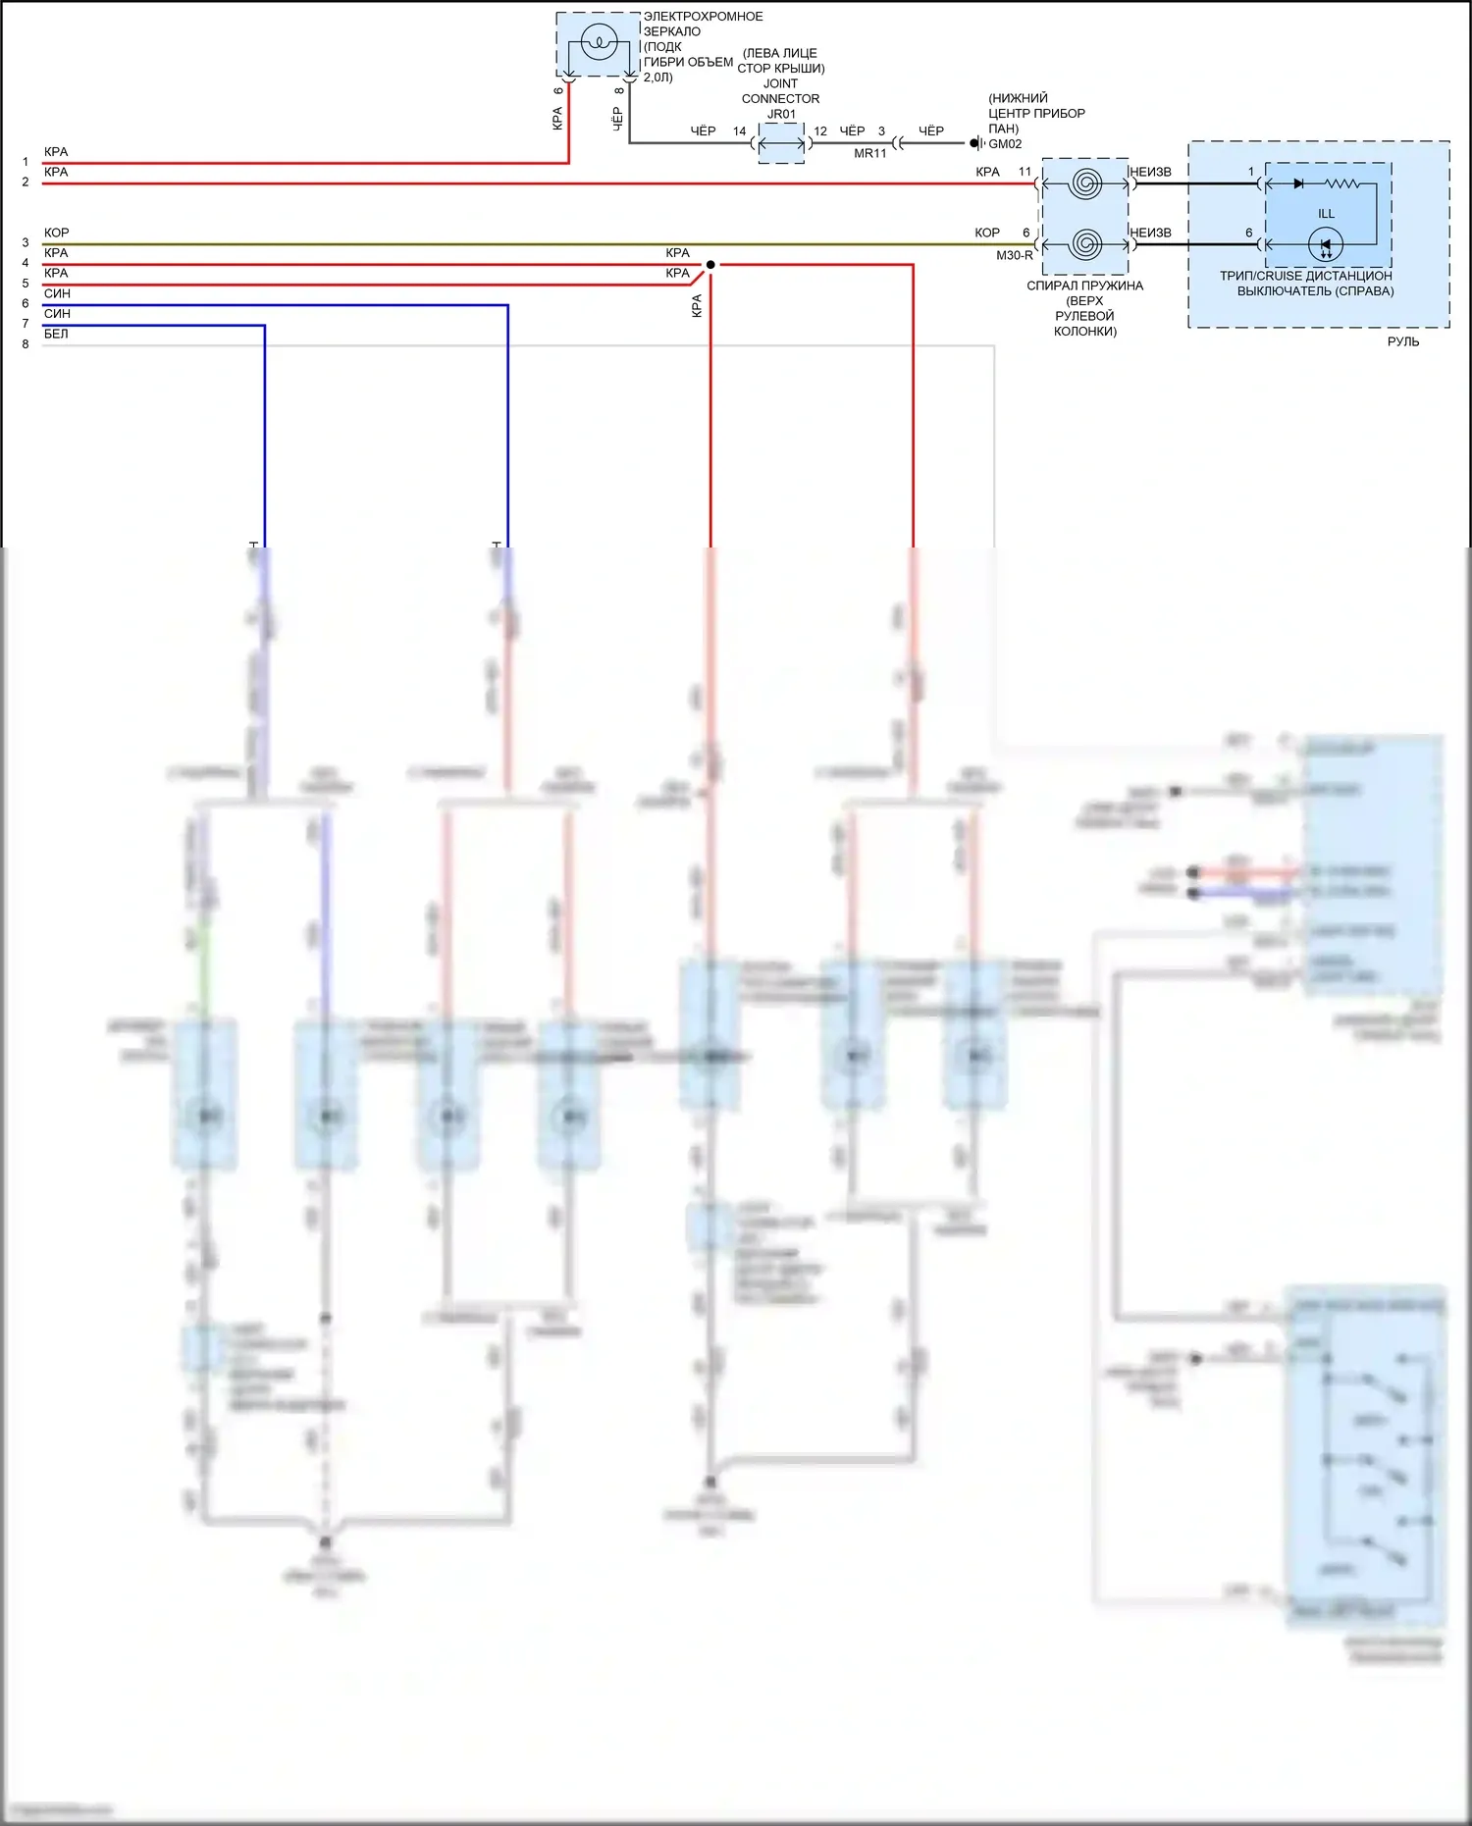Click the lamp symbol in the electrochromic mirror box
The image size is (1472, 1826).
(597, 42)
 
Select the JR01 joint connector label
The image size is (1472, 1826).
(781, 114)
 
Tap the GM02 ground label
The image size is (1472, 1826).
(1005, 144)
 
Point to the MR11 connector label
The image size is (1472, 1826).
(869, 153)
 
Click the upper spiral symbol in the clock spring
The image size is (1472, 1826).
(1084, 183)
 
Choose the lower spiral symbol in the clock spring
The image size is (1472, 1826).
(1084, 243)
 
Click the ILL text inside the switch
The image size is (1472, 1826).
(1326, 213)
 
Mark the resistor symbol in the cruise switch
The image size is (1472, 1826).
(1341, 183)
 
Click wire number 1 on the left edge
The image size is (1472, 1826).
(26, 162)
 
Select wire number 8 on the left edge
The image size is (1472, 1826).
(26, 344)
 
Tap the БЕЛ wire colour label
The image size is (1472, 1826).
(56, 334)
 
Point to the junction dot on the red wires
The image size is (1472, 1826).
(710, 264)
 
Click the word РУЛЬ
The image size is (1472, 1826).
(1402, 341)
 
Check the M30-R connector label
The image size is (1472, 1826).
(1014, 255)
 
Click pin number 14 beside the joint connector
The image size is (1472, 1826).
(739, 130)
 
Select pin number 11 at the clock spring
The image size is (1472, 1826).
(1025, 172)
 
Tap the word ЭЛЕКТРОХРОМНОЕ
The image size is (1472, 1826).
(703, 17)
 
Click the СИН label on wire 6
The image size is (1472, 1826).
(57, 293)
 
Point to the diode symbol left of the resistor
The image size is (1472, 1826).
(1298, 183)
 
